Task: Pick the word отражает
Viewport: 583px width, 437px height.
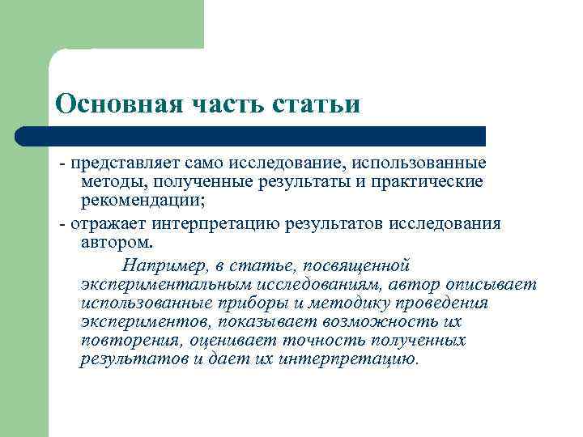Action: point(104,224)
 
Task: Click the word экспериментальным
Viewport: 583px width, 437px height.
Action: point(165,285)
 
